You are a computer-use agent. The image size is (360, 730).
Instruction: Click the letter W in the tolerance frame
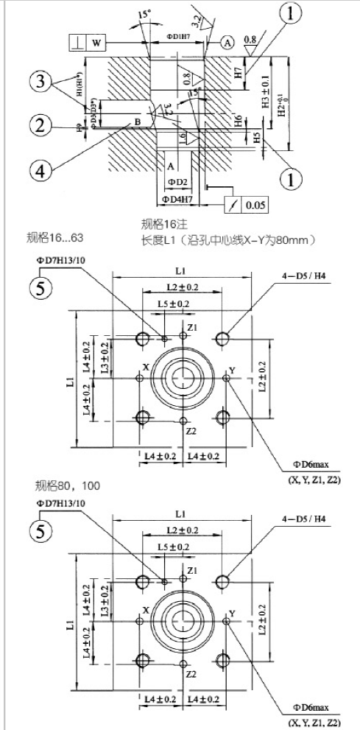click(96, 42)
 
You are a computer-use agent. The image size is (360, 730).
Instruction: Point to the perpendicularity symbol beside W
click(78, 42)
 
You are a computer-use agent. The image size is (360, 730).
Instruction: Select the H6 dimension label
click(239, 122)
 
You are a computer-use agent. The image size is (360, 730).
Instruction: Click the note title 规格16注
click(163, 224)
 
